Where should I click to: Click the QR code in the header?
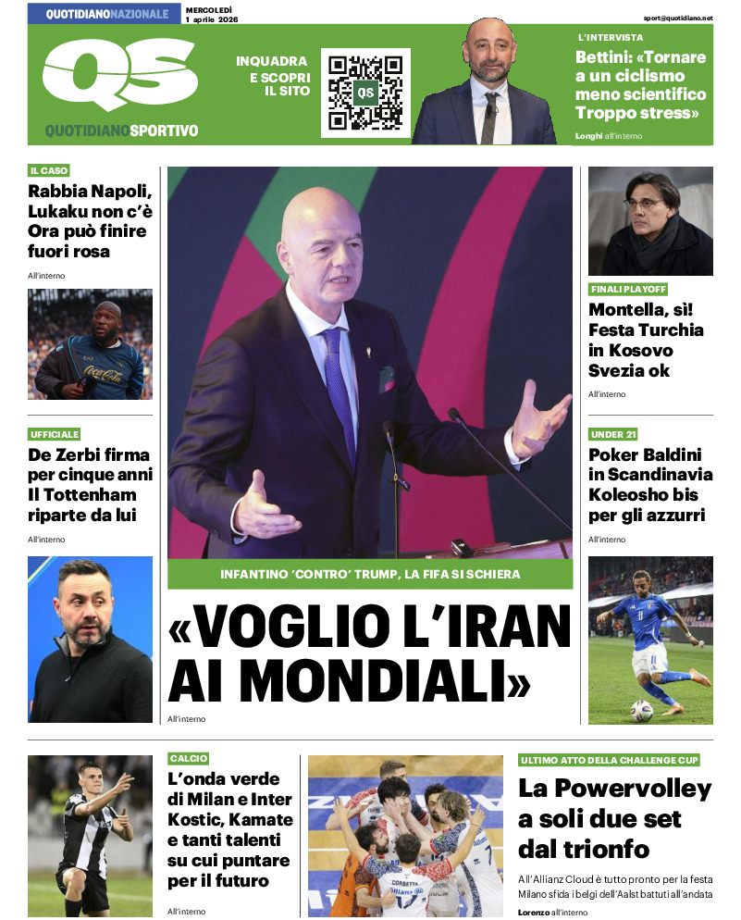(365, 93)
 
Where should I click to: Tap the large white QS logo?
(119, 75)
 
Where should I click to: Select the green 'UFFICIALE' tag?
(55, 434)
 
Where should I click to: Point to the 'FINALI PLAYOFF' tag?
(627, 290)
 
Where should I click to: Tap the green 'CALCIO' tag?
(189, 758)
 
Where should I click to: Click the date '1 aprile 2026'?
(212, 19)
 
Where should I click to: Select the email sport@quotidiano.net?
(679, 18)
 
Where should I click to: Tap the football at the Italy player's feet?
(641, 710)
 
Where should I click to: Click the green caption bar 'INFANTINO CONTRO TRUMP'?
(370, 574)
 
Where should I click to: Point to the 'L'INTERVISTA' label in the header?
(611, 37)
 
